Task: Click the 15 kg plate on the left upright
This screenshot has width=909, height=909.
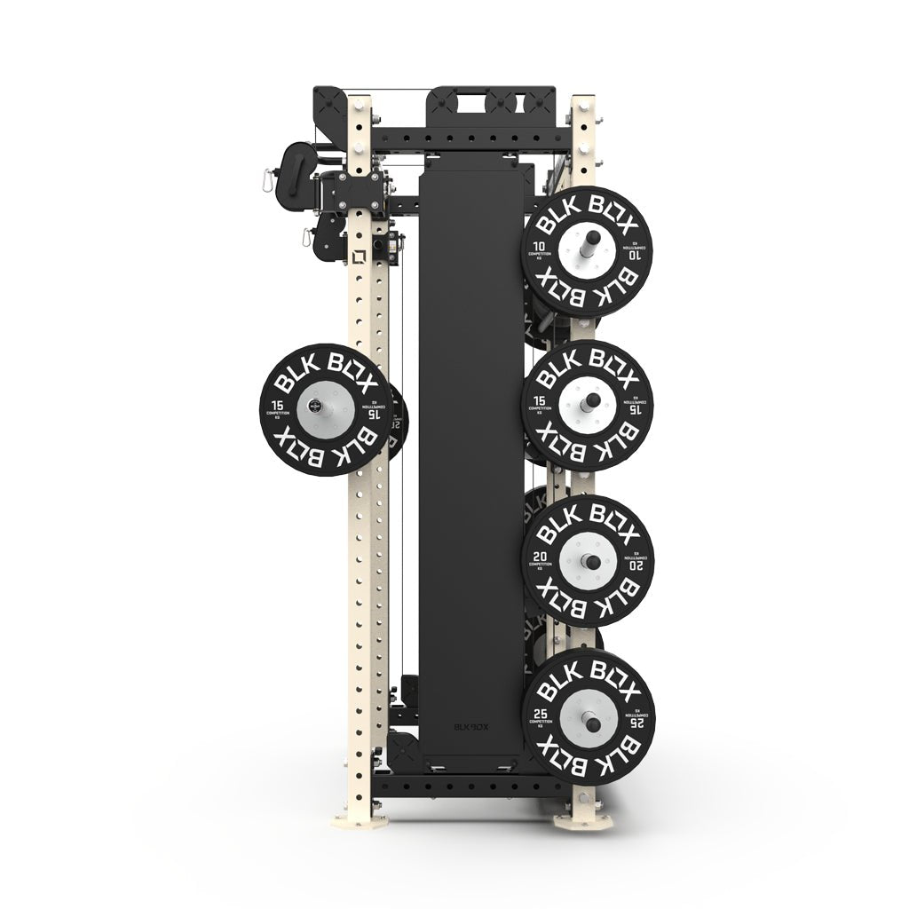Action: coord(326,409)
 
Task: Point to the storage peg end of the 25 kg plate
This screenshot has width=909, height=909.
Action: coord(587,718)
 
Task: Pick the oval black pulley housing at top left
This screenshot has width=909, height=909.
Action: coord(292,165)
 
